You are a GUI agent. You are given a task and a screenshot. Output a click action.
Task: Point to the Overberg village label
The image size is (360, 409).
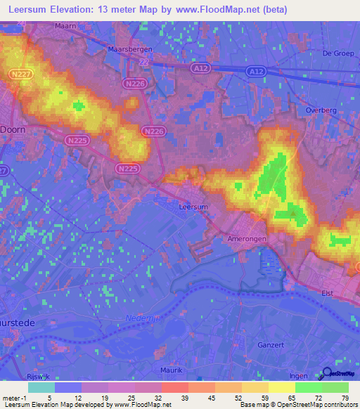(x=323, y=110)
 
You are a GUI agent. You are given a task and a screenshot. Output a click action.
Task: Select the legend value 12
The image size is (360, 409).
(x=88, y=397)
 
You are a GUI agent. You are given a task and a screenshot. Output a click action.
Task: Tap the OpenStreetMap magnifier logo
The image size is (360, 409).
(x=327, y=375)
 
